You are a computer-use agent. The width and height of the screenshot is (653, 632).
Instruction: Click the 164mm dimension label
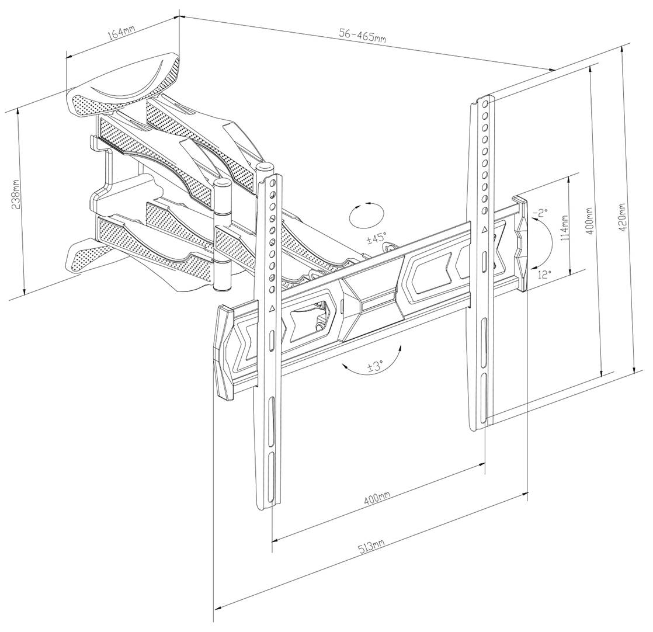point(121,32)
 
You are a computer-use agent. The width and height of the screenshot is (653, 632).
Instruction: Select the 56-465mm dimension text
point(362,36)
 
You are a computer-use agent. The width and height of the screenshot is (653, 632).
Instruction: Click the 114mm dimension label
point(565,230)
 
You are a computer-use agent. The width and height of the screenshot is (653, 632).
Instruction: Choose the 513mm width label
point(371,547)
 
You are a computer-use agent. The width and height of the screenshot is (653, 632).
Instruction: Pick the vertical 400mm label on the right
point(589,221)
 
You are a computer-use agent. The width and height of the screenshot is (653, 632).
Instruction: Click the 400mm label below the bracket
point(377,498)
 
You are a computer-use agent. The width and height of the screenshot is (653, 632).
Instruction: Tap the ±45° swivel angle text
point(377,238)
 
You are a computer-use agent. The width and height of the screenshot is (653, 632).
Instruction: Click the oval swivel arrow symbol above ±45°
point(366,216)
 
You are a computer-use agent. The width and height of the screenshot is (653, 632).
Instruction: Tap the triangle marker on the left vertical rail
point(272,308)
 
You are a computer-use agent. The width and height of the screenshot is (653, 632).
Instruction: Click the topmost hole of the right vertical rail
point(485,103)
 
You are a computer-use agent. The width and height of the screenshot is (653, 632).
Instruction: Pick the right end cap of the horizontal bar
point(520,243)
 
